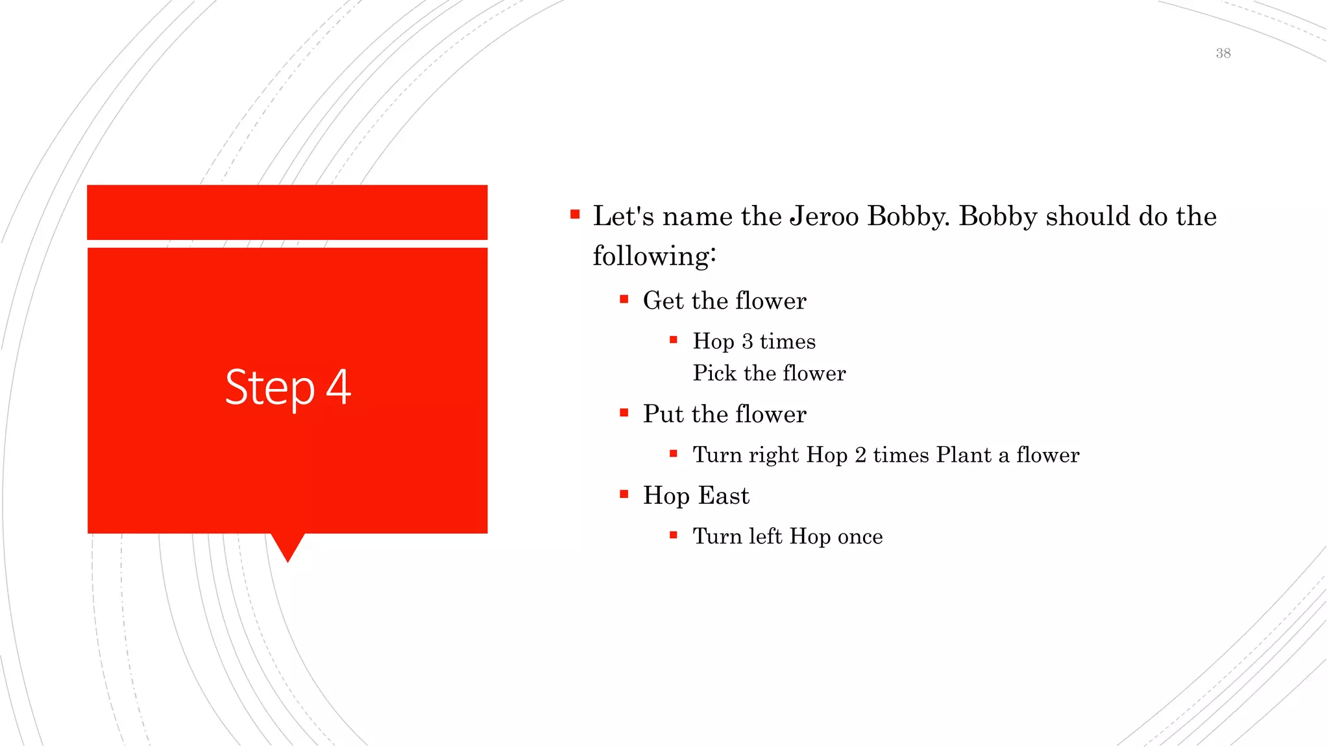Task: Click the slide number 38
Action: tap(1223, 53)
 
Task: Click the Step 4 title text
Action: tap(288, 387)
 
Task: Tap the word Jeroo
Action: tap(824, 216)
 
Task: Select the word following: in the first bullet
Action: tap(654, 255)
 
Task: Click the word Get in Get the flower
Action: tap(663, 301)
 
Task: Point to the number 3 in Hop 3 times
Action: tap(747, 342)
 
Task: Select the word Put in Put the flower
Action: tap(663, 414)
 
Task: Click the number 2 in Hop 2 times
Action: tap(860, 455)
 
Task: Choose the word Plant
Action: tap(964, 455)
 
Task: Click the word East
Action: tap(724, 496)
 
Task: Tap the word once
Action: tap(860, 537)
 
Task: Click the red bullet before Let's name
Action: tap(575, 214)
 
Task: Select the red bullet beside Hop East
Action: tap(624, 494)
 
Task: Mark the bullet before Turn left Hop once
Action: tap(674, 535)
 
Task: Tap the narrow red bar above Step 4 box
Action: tap(287, 212)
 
